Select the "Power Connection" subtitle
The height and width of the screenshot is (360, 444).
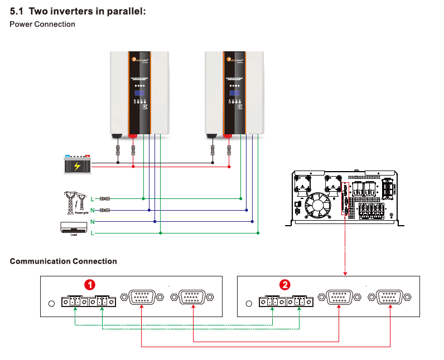[x=42, y=24]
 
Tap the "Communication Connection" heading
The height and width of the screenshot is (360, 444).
[x=64, y=261]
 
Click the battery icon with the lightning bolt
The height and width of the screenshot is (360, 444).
[x=77, y=165]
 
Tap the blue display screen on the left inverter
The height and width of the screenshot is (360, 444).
[x=139, y=93]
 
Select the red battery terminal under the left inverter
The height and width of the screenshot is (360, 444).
[x=133, y=135]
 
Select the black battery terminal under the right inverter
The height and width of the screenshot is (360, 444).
[x=212, y=135]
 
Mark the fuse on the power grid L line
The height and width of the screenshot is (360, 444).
[x=104, y=198]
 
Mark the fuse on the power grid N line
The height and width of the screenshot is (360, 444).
[x=104, y=210]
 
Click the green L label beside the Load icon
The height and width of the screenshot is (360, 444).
[x=92, y=233]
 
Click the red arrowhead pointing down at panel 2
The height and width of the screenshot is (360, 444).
[x=346, y=273]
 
